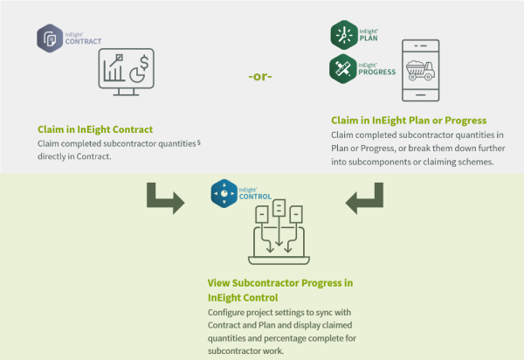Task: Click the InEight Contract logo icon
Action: click(x=48, y=38)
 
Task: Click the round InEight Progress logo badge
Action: click(x=343, y=68)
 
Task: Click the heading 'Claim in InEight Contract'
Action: click(x=89, y=128)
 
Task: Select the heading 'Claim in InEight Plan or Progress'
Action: click(x=409, y=120)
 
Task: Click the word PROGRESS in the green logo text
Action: click(x=378, y=72)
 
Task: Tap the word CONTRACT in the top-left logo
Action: click(x=84, y=42)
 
